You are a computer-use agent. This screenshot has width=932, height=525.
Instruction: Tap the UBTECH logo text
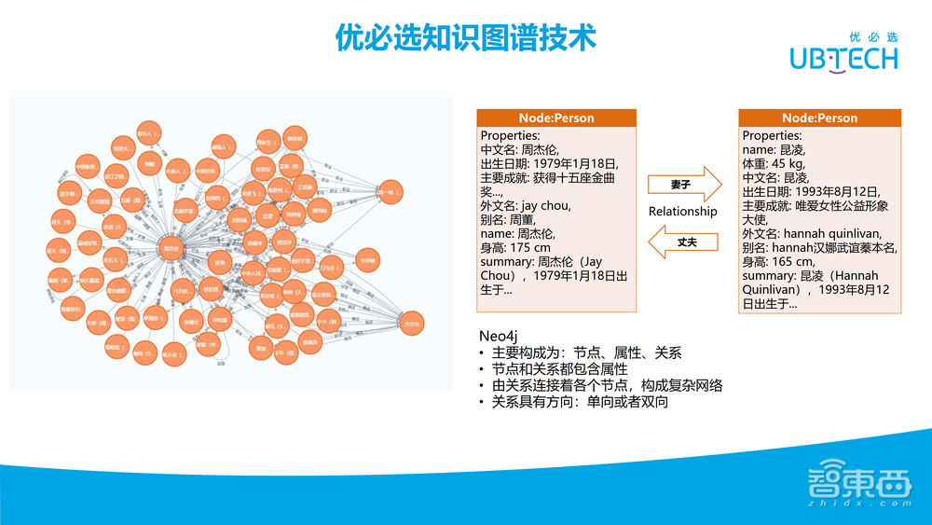(x=843, y=59)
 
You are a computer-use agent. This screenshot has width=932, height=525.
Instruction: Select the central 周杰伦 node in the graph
(x=171, y=249)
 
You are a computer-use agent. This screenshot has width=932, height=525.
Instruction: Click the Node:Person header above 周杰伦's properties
(x=556, y=118)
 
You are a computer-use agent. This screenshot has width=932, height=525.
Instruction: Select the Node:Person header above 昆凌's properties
(x=819, y=118)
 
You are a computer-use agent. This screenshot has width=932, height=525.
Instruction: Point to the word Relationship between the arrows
(x=683, y=212)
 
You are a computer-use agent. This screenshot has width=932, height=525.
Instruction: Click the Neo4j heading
(x=498, y=335)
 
